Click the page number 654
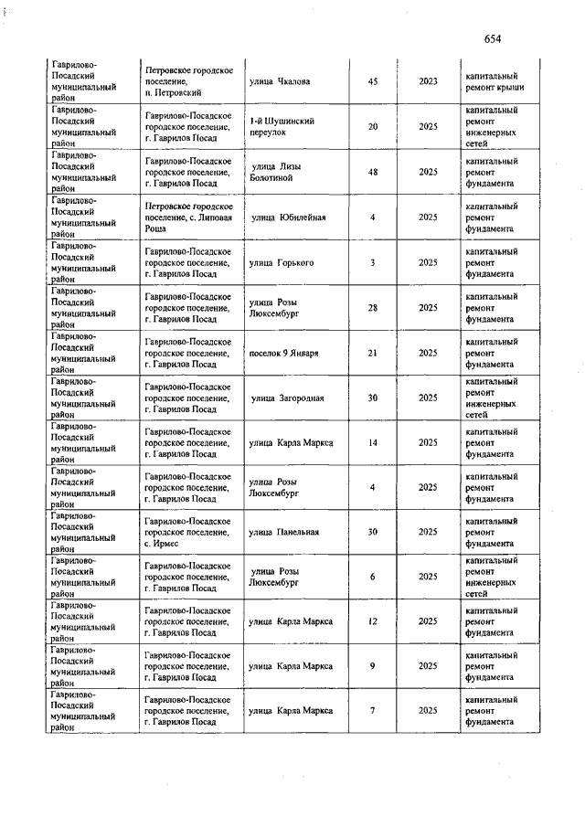493,38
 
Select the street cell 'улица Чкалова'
280,81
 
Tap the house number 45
373,81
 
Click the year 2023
428,81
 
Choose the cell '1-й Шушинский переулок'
282,126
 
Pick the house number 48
373,171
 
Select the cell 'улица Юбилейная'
288,217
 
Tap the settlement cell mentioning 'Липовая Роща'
188,217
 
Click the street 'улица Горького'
282,262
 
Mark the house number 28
373,307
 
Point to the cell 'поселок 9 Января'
283,353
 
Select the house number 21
373,353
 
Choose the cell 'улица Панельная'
284,532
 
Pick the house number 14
373,442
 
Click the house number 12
373,621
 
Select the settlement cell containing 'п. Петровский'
188,81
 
